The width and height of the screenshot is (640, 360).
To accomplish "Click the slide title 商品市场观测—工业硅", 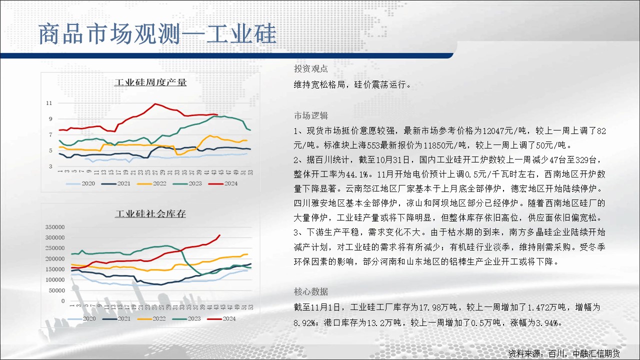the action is pos(157,34).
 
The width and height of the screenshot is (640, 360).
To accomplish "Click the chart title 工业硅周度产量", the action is pos(150,82).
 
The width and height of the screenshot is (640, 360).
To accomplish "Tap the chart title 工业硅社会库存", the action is pos(150,213).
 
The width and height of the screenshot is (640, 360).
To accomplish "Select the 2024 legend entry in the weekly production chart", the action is pos(223,183).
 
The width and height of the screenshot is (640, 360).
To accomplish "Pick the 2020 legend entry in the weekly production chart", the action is pos(80,183).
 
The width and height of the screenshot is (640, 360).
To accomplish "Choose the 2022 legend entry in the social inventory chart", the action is pos(151,318).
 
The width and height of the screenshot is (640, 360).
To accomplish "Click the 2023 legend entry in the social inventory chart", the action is pos(187,318).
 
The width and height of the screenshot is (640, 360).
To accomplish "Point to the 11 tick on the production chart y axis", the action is pos(49,103).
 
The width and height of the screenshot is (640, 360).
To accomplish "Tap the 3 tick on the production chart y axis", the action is pos(50,166).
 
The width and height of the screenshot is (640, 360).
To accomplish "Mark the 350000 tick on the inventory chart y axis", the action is pos(55,227).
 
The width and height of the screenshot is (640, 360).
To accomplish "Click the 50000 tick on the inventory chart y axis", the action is pos(56,290).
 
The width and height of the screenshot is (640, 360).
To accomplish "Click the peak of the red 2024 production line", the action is pos(155,103).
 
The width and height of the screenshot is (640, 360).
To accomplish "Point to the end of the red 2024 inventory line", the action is pos(219,235).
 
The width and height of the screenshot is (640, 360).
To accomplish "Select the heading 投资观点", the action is pos(311,68).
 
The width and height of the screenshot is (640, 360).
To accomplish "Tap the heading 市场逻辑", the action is pos(311,115).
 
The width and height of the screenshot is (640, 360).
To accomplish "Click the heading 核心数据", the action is pos(311,291).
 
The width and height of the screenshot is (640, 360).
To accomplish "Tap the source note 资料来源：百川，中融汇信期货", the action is pos(564,353).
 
